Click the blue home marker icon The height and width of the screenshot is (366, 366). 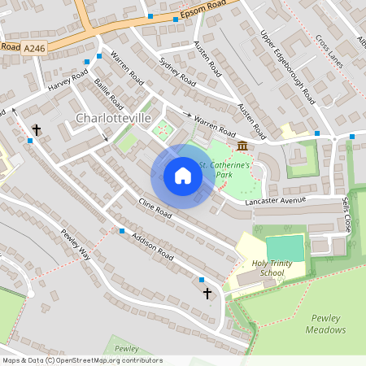point(182,176)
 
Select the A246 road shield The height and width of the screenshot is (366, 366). point(34,50)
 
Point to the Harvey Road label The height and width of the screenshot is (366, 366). point(68,82)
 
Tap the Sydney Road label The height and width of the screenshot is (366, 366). point(178,72)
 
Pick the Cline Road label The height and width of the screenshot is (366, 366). point(155,208)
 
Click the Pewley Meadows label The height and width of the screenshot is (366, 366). point(326,324)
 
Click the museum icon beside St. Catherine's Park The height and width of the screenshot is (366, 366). point(242,145)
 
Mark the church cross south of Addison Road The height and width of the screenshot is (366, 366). point(207,292)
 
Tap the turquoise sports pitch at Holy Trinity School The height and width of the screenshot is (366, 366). point(285,247)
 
